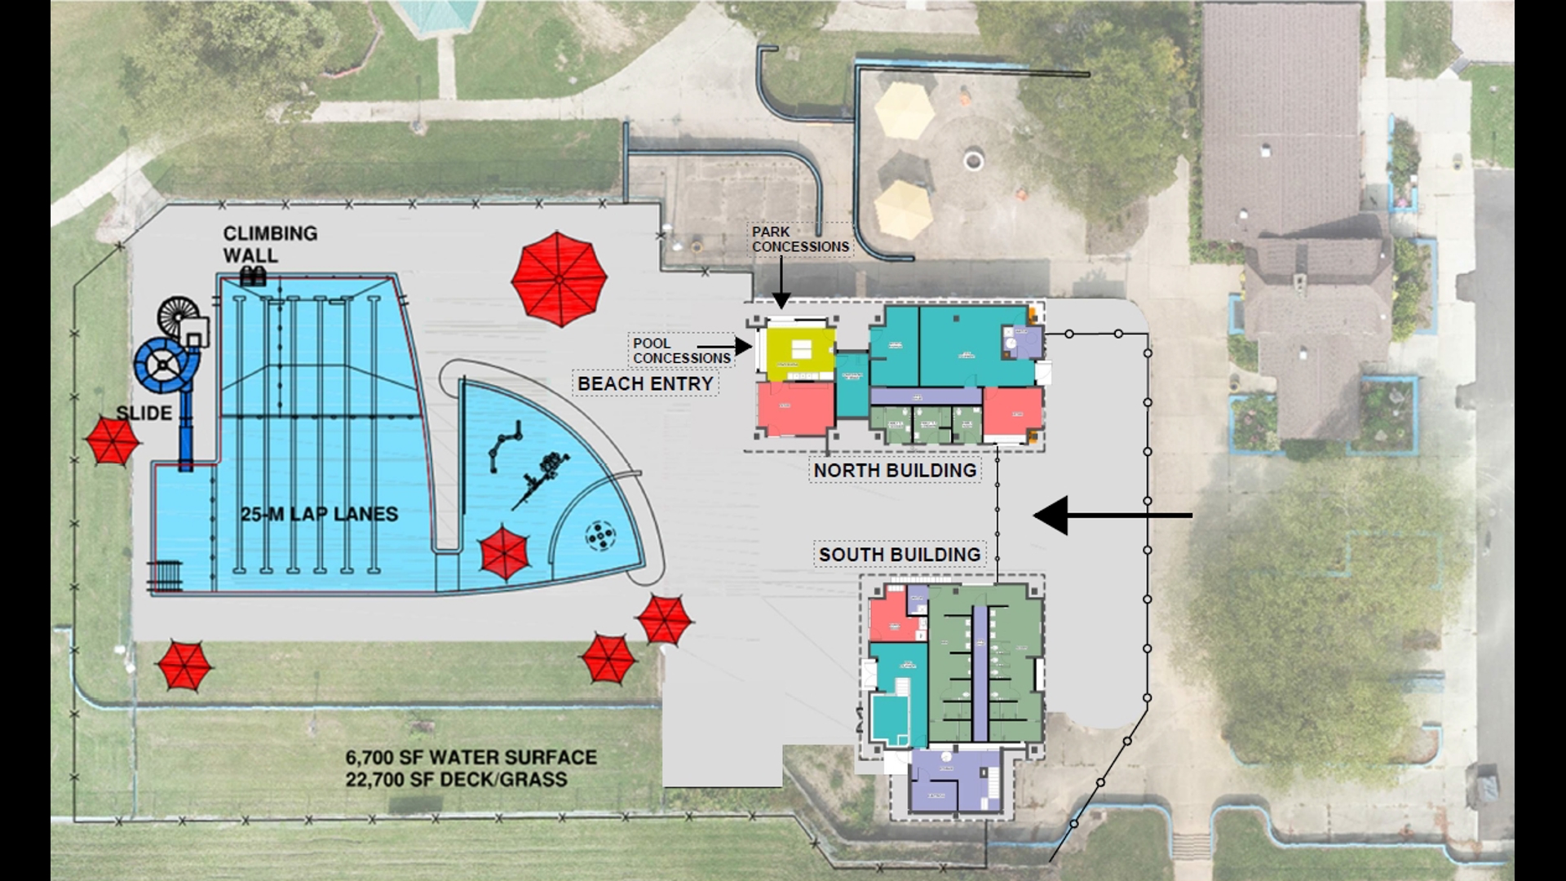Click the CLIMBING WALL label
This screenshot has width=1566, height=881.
tap(270, 244)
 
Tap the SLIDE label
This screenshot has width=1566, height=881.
tap(144, 413)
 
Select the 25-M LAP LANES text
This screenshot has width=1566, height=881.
tap(320, 514)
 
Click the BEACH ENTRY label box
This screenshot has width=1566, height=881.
tap(645, 383)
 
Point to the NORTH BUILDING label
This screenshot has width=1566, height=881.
tap(895, 471)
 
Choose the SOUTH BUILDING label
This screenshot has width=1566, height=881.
tap(900, 555)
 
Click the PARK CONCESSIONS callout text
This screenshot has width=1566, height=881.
tap(800, 239)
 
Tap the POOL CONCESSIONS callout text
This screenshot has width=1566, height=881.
tap(681, 351)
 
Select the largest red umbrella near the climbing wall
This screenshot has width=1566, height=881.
tap(559, 279)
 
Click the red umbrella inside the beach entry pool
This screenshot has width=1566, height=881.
tap(505, 552)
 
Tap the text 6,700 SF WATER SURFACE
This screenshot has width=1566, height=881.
tap(471, 757)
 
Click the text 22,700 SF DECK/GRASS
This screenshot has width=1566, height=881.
tap(456, 779)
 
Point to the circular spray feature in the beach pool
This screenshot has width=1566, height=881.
tap(602, 535)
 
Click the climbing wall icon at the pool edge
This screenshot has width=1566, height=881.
tap(253, 276)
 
